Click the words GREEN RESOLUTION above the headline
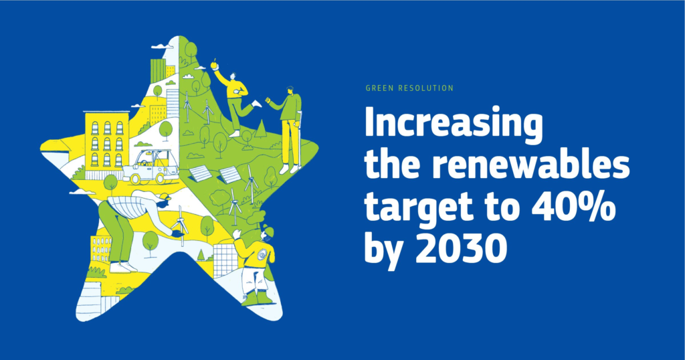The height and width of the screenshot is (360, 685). (x=410, y=88)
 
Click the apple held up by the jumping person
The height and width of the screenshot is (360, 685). (x=214, y=65)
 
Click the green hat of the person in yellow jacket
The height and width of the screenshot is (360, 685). (x=268, y=230)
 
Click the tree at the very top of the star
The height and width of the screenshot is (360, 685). (x=190, y=48)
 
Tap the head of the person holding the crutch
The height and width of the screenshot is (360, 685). (x=290, y=90)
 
